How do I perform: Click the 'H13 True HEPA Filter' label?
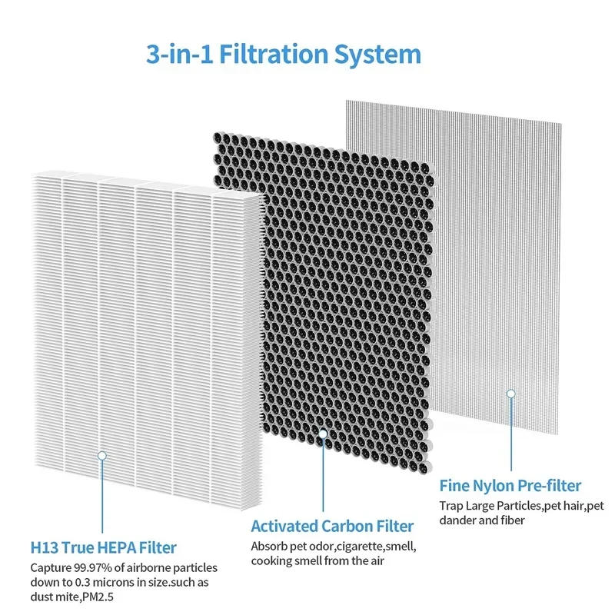103,548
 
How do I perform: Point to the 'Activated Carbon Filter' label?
332,527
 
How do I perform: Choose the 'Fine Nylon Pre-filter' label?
510,486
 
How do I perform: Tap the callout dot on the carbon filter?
323,434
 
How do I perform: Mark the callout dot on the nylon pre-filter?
510,394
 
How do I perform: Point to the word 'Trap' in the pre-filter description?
452,506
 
